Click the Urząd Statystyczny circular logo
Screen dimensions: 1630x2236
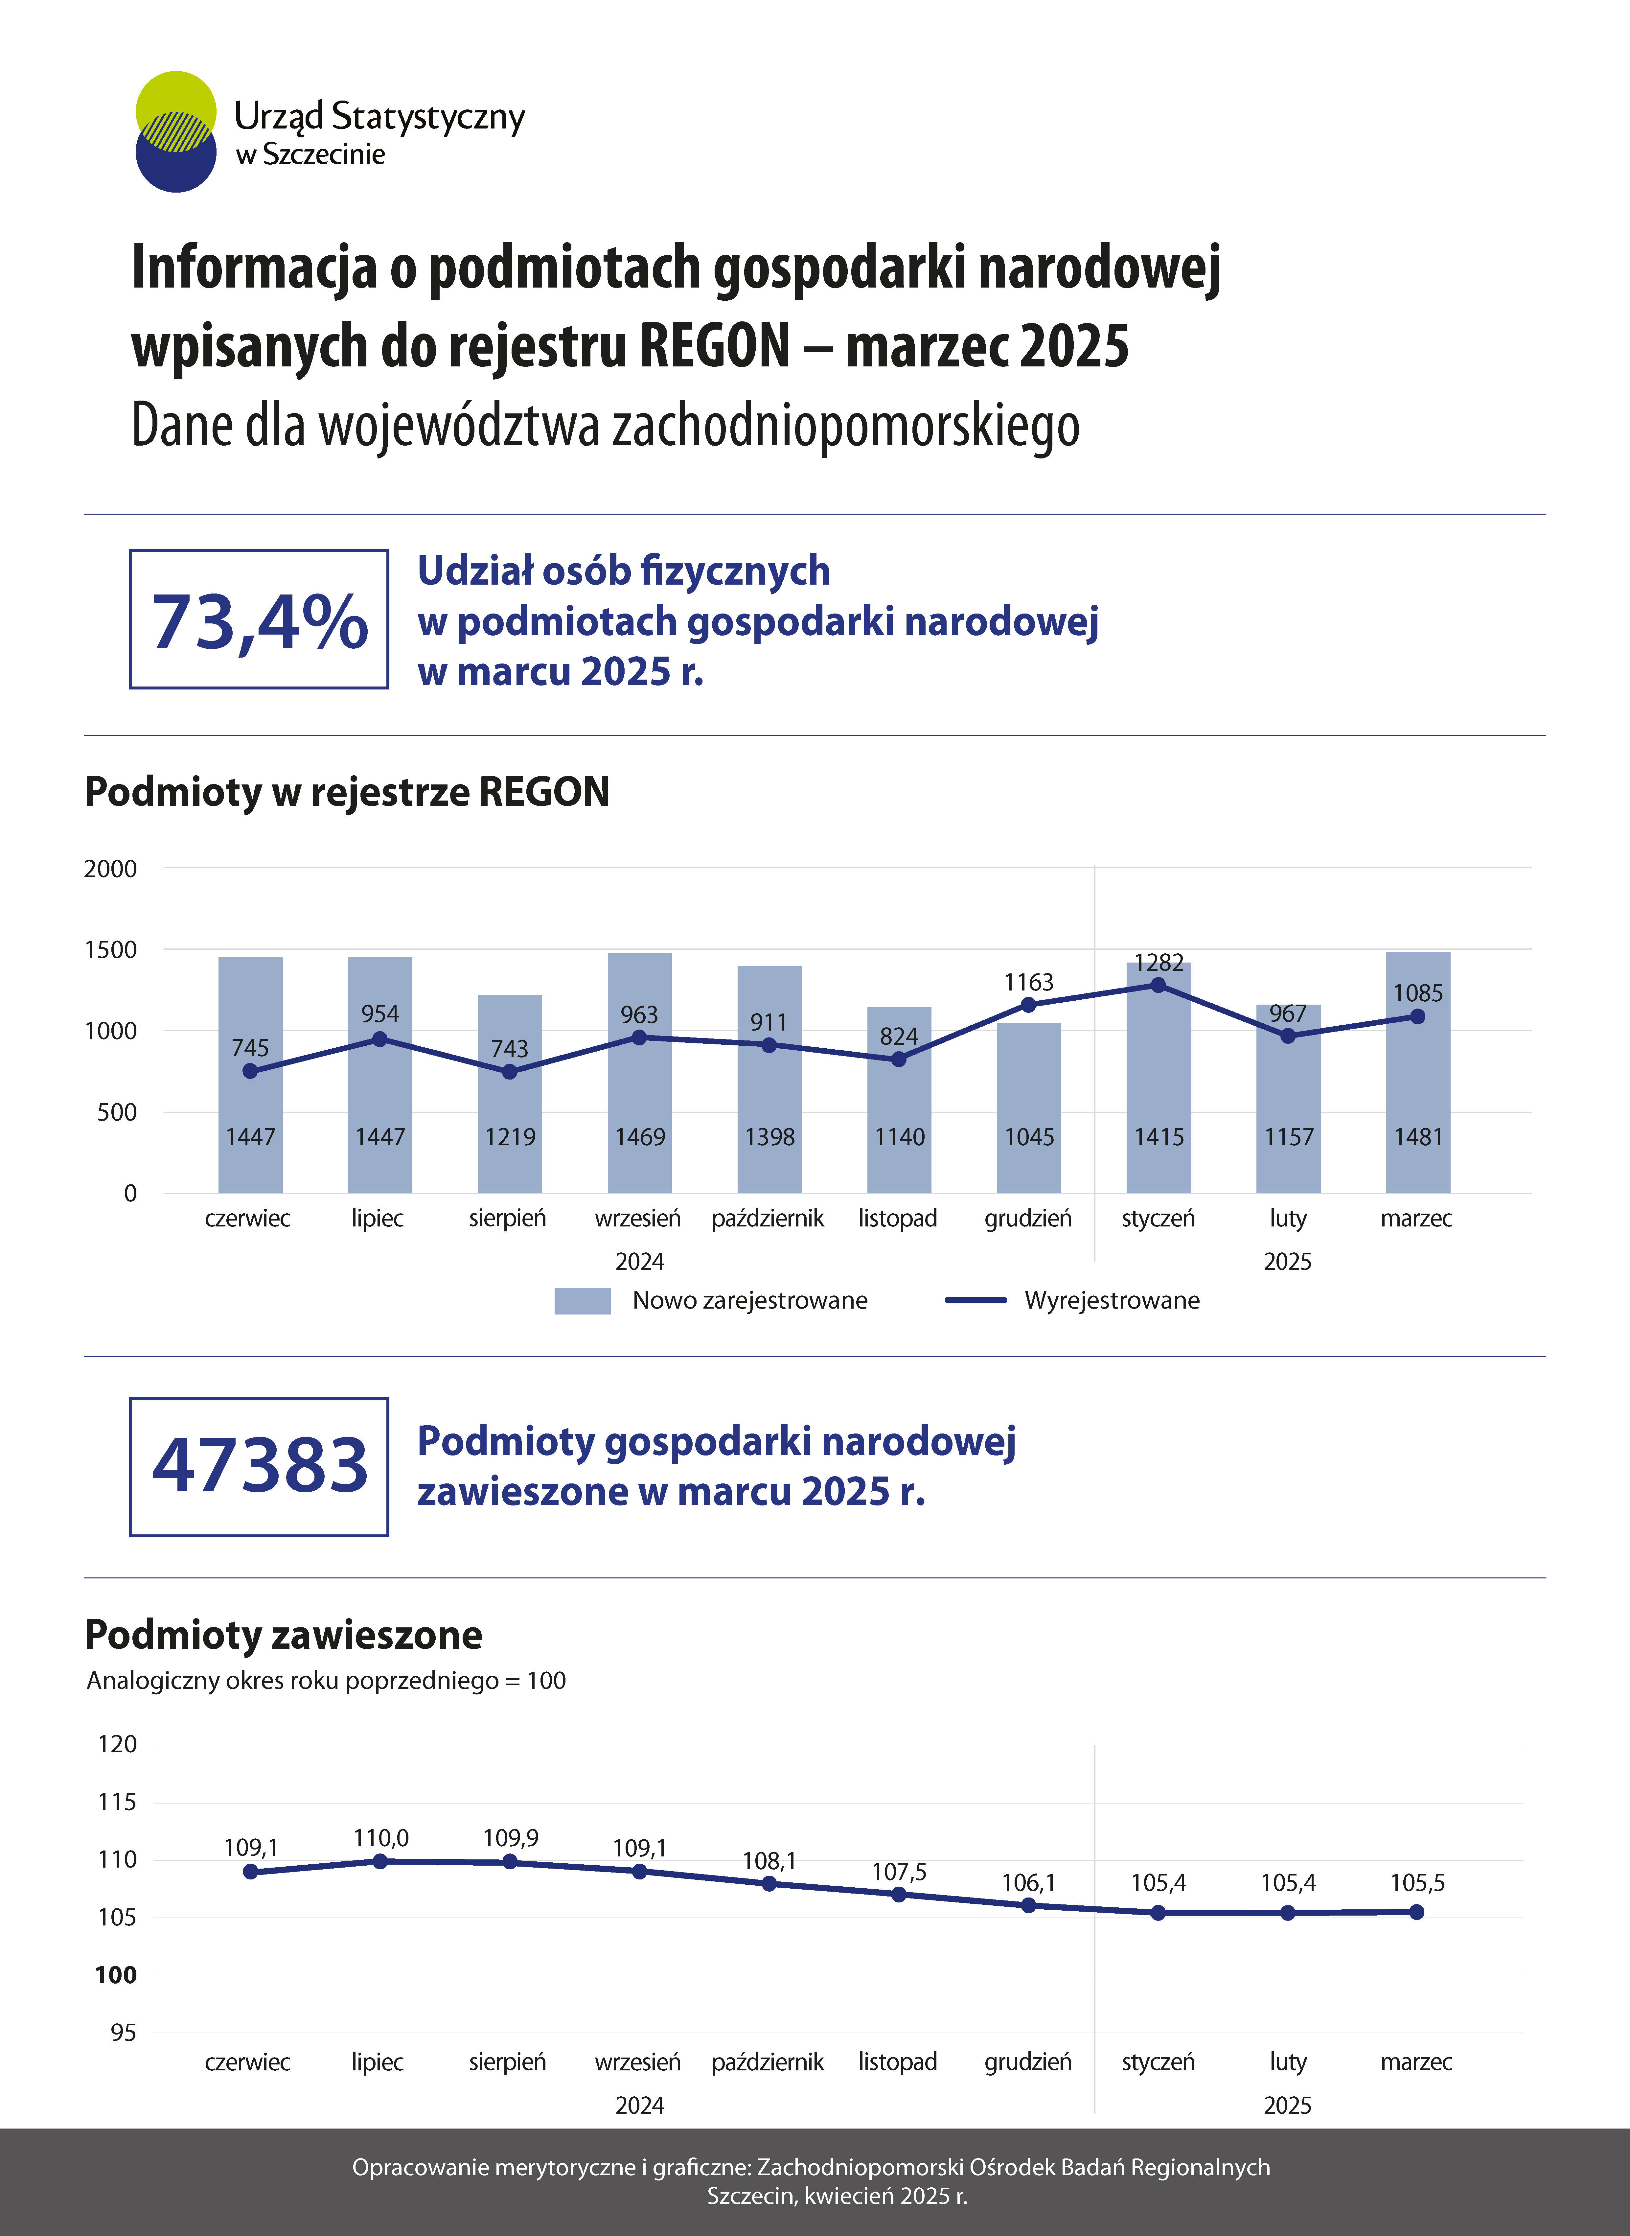[x=176, y=131]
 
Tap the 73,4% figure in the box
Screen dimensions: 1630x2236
[x=260, y=622]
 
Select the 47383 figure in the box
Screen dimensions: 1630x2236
[x=260, y=1465]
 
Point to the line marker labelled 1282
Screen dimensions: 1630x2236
[x=1159, y=985]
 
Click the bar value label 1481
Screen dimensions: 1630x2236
[x=1418, y=1137]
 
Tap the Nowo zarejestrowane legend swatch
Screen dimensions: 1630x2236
[x=582, y=1300]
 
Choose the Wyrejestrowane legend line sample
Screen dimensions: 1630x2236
[x=976, y=1300]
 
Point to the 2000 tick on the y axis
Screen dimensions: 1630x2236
[x=110, y=868]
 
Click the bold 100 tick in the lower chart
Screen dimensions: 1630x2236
[x=115, y=1974]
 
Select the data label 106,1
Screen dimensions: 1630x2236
[x=1028, y=1883]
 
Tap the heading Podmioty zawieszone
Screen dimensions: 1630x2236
[x=283, y=1635]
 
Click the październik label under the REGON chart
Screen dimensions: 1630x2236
[x=768, y=1219]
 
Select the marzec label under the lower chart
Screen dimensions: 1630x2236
[x=1416, y=2062]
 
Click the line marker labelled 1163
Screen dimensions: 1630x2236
[x=1028, y=1005]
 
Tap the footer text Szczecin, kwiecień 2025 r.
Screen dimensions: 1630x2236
[x=837, y=2196]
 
